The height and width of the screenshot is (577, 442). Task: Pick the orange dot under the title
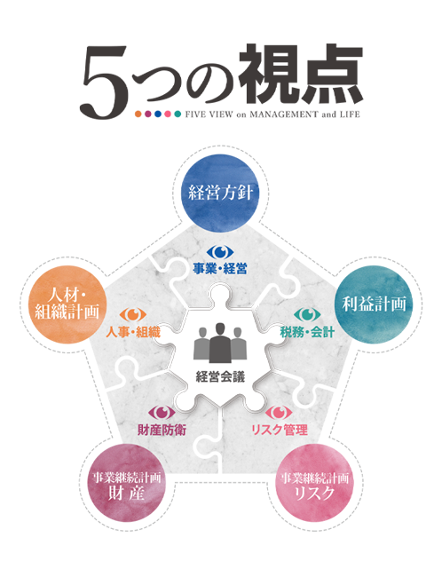click(x=138, y=115)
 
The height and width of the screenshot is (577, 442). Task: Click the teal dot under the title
click(x=178, y=115)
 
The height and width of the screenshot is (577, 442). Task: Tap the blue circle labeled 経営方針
click(x=220, y=193)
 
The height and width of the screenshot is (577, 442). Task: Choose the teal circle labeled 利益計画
click(x=374, y=304)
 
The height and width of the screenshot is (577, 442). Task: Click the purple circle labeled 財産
click(x=126, y=483)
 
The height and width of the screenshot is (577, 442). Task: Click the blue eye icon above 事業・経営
click(x=220, y=252)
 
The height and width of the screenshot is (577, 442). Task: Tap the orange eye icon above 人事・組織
click(x=133, y=314)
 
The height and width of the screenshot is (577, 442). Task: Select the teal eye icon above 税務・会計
click(x=307, y=314)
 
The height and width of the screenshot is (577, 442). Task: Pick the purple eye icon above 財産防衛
click(x=162, y=413)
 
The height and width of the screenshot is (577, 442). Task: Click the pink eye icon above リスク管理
click(x=279, y=413)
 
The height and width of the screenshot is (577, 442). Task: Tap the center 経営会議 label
click(x=220, y=376)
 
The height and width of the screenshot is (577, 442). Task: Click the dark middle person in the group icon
click(x=220, y=343)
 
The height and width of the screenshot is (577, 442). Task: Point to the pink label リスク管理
click(x=280, y=430)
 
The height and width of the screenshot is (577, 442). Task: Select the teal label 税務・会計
click(x=307, y=332)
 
